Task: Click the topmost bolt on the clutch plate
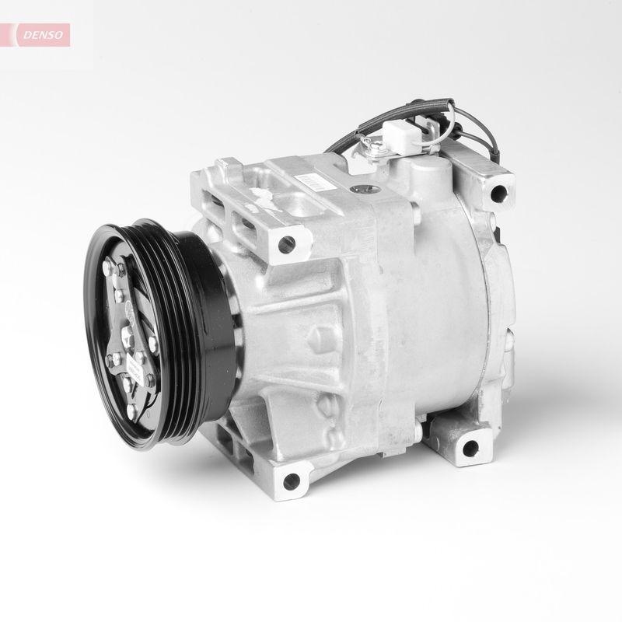pyautogui.click(x=122, y=270)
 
